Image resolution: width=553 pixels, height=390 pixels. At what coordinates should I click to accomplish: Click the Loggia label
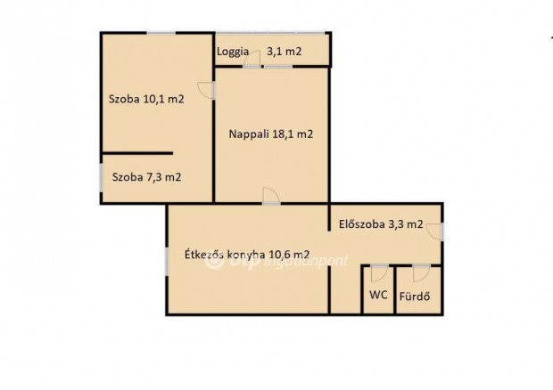coord(232,52)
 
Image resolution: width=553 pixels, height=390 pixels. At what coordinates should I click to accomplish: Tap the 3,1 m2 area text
coord(285,52)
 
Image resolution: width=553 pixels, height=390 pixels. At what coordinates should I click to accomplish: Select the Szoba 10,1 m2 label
coord(146,100)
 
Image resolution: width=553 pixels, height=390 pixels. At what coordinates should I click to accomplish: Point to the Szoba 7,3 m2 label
coord(146,177)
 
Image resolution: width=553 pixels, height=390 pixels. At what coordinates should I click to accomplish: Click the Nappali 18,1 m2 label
coord(271,134)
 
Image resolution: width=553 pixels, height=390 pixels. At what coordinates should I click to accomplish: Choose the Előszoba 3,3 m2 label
coord(381,224)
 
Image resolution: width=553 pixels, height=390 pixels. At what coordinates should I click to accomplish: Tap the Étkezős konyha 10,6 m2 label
coord(247,256)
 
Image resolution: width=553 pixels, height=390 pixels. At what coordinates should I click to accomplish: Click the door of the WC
coord(379,271)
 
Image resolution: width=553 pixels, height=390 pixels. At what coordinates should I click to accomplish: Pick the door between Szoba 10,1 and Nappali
coord(210,90)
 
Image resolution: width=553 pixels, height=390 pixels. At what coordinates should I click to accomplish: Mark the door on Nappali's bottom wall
coord(270,198)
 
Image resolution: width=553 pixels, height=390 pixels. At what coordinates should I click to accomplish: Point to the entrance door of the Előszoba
coord(437,232)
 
